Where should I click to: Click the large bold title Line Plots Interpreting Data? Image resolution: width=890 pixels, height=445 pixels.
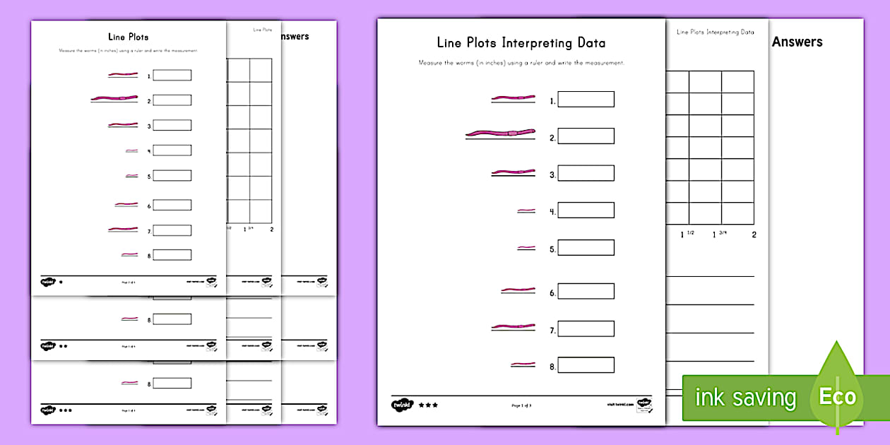[x=521, y=43]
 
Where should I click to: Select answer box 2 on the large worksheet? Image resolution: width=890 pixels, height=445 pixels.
[x=586, y=136]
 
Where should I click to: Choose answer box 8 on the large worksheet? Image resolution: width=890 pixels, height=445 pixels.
[x=586, y=365]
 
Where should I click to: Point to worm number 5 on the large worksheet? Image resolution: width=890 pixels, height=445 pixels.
[x=526, y=248]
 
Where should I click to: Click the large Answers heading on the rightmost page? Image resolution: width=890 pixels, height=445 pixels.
[x=797, y=42]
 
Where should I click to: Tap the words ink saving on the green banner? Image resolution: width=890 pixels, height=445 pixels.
[x=745, y=398]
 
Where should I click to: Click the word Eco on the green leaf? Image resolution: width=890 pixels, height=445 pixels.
[x=837, y=396]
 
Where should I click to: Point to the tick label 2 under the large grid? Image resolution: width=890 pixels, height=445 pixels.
[x=754, y=235]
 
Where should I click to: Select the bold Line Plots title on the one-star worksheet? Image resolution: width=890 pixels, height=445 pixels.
[x=128, y=37]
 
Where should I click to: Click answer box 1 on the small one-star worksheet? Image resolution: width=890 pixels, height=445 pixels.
[x=172, y=76]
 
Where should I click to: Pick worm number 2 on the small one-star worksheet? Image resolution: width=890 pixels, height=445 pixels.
[x=112, y=98]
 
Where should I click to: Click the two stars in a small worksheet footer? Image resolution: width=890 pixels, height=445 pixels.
[x=63, y=347]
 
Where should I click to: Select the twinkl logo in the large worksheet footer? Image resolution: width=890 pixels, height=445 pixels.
[x=401, y=405]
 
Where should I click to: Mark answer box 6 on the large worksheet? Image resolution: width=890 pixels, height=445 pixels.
[x=586, y=292]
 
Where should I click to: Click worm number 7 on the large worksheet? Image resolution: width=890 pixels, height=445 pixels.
[x=513, y=327]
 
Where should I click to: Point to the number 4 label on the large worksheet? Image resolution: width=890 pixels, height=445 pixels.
[x=552, y=211]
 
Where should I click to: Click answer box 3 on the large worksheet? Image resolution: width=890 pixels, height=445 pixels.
[x=586, y=173]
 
